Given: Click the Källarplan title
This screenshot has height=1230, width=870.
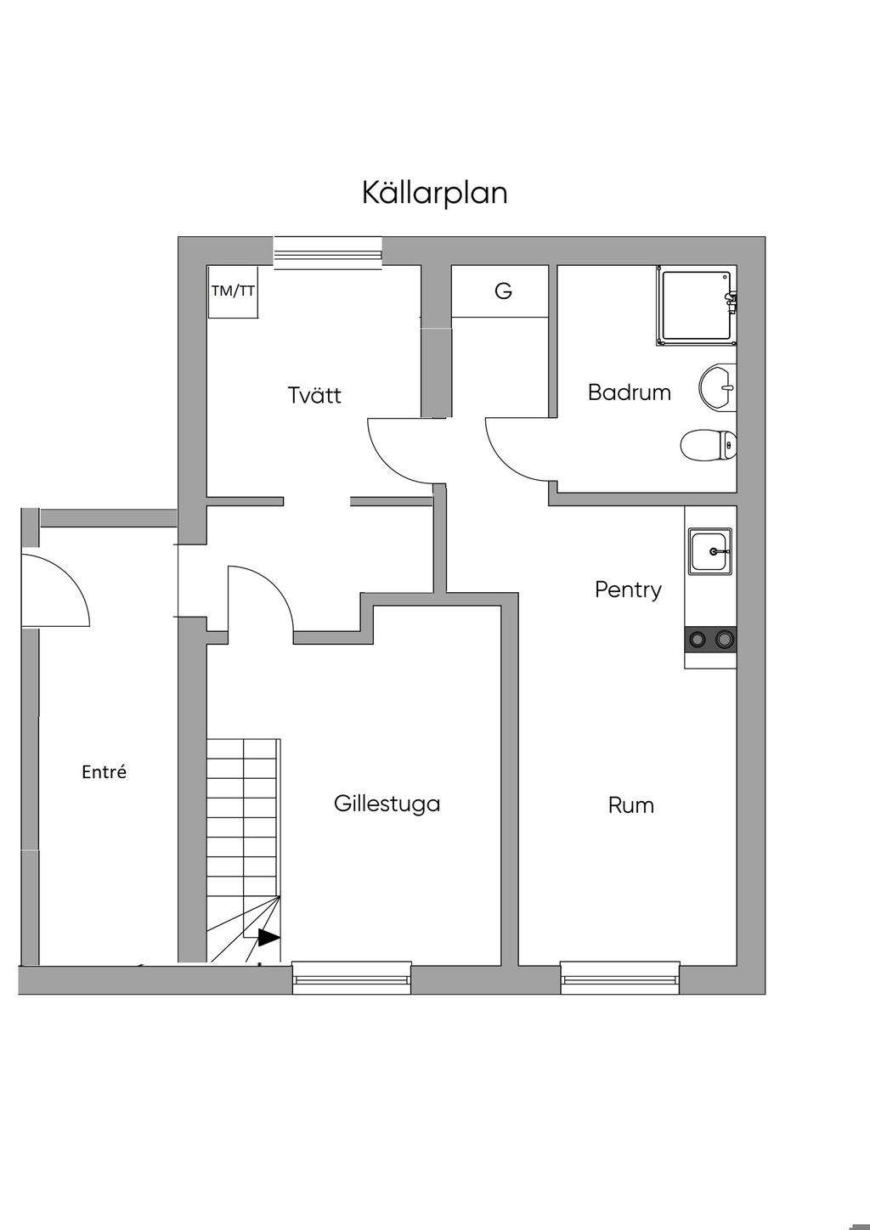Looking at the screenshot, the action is pos(434,193).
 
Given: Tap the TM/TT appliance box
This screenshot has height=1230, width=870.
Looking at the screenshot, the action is pos(233,291).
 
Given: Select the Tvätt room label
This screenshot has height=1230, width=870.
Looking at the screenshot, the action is pos(314,395).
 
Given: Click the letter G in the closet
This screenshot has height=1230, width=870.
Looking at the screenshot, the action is pos(503,291).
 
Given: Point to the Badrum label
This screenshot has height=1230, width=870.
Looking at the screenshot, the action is pos(630,392).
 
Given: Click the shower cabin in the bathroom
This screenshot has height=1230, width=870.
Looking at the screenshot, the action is pos(697,306).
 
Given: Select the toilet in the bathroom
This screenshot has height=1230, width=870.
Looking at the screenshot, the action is pos(709,445).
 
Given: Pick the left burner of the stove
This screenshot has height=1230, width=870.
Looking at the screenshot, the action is pos(698,639).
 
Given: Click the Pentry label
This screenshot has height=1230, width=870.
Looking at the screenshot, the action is pos(628,590).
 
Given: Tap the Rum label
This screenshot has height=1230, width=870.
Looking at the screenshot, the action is pos(631,805).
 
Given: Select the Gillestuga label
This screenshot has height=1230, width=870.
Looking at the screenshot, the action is pos(387,804).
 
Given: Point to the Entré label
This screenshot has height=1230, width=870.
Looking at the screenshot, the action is pos(104,772).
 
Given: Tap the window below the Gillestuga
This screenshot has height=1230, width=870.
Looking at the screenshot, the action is pos(352,978).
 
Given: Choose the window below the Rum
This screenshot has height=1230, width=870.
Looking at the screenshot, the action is pos(620,978).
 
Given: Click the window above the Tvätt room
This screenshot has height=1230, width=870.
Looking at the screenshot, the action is pos(328,253).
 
